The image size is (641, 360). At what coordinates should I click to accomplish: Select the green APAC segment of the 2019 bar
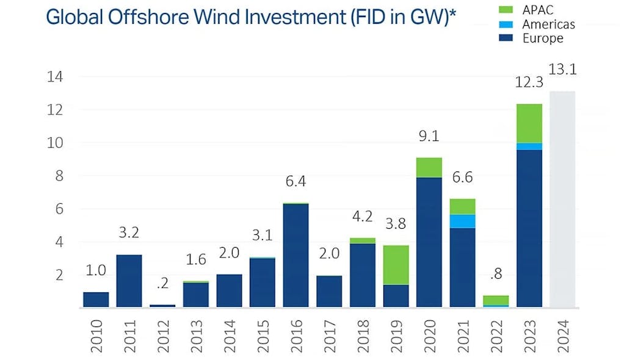(396, 265)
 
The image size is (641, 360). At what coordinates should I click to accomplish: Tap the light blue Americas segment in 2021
(462, 221)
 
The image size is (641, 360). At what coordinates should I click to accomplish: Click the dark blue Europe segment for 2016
(295, 255)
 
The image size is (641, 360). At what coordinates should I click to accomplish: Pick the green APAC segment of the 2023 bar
(529, 123)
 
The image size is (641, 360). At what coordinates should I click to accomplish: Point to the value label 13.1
(562, 70)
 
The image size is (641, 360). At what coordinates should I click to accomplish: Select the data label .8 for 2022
(496, 275)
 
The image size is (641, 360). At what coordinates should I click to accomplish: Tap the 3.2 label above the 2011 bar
(128, 232)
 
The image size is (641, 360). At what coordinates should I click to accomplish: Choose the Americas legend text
(549, 24)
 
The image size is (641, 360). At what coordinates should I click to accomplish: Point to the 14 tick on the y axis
(56, 77)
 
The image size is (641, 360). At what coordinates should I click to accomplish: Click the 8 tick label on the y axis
(59, 176)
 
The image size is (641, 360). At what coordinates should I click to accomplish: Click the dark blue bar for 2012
(162, 306)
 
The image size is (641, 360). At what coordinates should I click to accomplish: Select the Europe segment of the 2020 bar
(429, 242)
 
